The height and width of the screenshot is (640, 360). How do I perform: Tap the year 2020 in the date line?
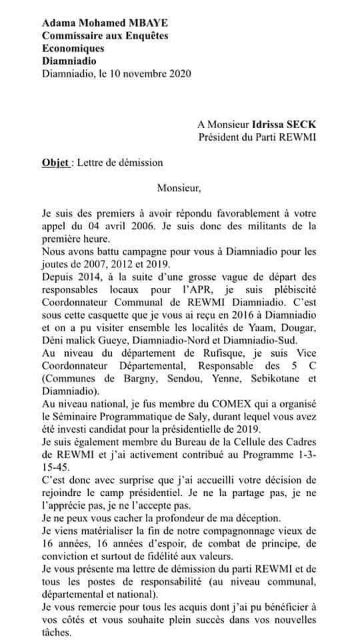(x=178, y=73)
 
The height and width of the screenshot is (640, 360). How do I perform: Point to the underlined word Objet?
(x=54, y=162)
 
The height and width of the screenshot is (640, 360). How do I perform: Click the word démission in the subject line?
(x=137, y=162)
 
